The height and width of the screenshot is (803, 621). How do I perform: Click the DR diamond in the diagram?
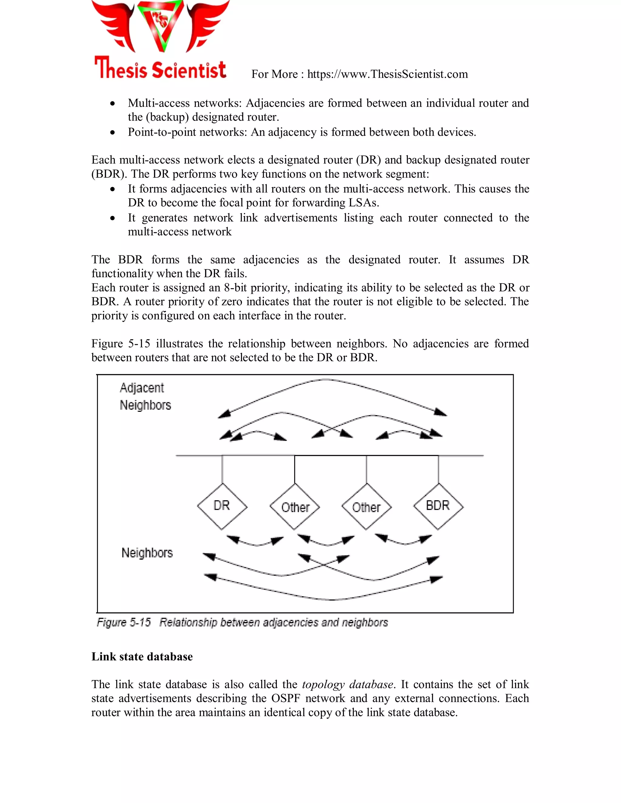(222, 506)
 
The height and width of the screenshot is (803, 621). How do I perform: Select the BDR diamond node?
(438, 506)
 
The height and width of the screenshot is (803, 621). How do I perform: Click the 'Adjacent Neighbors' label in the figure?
(145, 396)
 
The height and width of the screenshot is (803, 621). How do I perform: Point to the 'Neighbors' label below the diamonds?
(147, 553)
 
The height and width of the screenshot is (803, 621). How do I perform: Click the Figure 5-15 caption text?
(242, 622)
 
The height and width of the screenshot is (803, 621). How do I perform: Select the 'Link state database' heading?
(142, 657)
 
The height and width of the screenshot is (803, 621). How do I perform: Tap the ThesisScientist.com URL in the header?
(388, 74)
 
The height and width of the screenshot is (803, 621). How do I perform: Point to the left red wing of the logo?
(114, 26)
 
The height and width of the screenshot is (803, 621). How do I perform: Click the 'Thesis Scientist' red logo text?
(160, 69)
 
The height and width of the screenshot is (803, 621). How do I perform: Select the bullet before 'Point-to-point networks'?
(113, 132)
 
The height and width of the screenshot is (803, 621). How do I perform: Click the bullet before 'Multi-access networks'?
(113, 104)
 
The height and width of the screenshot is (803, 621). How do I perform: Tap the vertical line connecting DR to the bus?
(222, 469)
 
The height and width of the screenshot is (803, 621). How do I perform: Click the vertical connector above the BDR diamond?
(438, 469)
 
